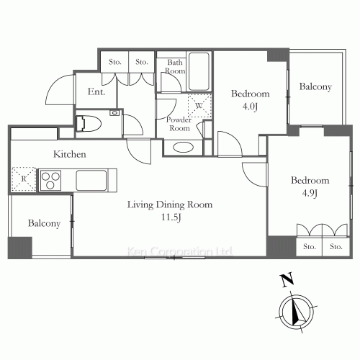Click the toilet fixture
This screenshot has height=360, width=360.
[x=88, y=124]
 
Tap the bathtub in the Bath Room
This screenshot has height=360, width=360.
[x=199, y=71]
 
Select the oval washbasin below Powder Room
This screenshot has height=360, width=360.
[x=183, y=148]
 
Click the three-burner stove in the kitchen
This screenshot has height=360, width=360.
[x=50, y=180]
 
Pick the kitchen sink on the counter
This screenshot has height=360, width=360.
[x=91, y=180]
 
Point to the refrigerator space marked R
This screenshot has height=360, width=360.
[x=24, y=179]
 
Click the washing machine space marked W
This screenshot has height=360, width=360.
[x=199, y=106]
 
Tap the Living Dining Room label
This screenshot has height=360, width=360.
[x=170, y=204]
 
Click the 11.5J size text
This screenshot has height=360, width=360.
[x=171, y=217]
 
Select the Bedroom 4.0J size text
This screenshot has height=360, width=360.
[x=250, y=107]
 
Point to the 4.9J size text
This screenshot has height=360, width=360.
[x=310, y=193]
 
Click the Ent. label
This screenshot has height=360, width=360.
[x=96, y=91]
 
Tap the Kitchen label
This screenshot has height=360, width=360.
[x=70, y=154]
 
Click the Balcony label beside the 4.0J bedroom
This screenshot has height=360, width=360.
[x=315, y=86]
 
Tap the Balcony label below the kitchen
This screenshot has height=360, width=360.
[x=44, y=223]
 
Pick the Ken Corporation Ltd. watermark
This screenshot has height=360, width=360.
[x=179, y=251]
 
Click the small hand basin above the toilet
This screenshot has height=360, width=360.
[x=114, y=112]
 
